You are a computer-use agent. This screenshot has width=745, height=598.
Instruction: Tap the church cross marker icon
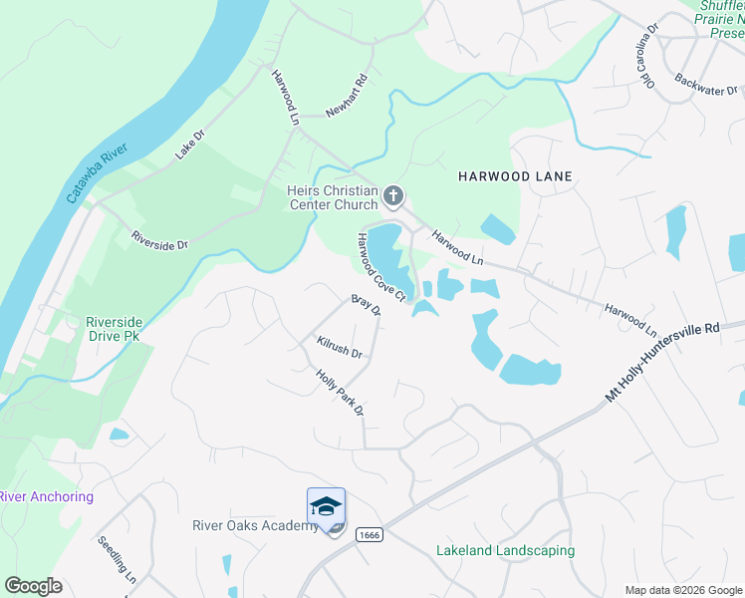[393, 196]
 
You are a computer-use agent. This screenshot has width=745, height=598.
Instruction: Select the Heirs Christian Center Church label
[332, 197]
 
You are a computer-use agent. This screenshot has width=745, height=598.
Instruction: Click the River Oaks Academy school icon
[326, 508]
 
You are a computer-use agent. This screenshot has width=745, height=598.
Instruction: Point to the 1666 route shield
[372, 536]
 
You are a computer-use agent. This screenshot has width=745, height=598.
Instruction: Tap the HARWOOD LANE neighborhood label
[515, 176]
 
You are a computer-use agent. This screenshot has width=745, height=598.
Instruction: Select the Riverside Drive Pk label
[127, 329]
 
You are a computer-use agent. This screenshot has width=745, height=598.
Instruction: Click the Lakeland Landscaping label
[505, 550]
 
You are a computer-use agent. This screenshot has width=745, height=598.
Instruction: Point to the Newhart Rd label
[347, 95]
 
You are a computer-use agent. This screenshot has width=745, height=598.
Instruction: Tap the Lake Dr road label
[188, 145]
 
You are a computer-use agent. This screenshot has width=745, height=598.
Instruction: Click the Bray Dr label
[367, 305]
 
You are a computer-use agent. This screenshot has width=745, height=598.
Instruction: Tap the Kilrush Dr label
[339, 347]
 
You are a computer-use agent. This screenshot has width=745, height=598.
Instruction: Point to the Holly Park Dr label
[341, 394]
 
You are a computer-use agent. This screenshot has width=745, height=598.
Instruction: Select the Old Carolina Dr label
[647, 55]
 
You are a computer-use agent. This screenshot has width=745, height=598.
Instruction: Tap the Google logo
[33, 586]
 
